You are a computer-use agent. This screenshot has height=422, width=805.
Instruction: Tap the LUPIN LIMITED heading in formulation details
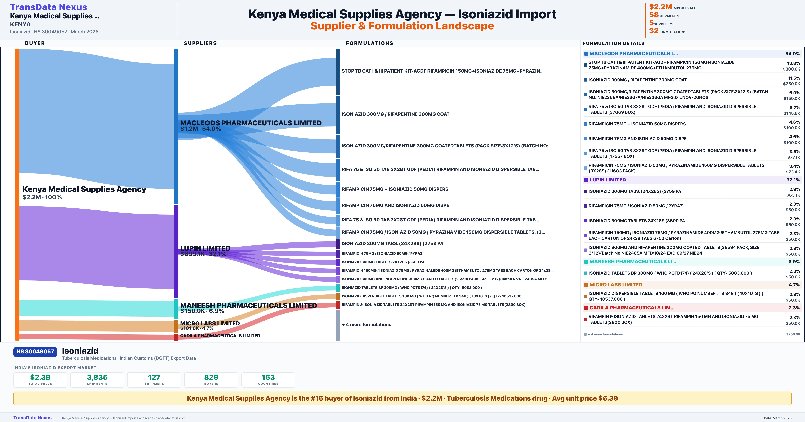[607, 180]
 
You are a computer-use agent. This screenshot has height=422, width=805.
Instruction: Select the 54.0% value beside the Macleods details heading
[792, 54]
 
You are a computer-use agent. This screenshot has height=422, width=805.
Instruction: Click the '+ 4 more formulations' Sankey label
[366, 325]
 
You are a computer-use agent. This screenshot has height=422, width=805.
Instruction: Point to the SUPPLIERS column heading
[200, 43]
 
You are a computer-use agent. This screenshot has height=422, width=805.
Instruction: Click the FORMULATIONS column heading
[369, 43]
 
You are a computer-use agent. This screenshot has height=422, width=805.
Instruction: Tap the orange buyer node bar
[17, 194]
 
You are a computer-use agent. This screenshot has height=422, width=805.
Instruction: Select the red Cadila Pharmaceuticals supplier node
[176, 337]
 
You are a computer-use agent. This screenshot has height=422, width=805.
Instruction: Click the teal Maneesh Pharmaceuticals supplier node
[176, 308]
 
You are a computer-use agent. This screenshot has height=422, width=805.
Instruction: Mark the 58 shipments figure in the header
[654, 15]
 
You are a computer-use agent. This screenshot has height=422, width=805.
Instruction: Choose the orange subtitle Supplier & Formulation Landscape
[402, 26]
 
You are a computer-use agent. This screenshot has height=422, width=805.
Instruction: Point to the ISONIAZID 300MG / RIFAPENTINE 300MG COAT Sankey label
[395, 114]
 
